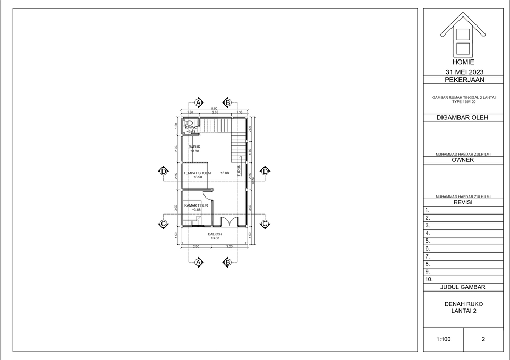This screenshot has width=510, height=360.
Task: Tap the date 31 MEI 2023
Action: click(x=463, y=72)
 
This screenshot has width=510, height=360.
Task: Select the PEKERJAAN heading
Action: click(x=464, y=80)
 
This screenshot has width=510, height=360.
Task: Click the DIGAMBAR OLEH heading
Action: click(x=463, y=118)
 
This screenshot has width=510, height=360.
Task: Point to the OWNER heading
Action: click(x=463, y=160)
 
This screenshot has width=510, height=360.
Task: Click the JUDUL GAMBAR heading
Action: click(x=463, y=287)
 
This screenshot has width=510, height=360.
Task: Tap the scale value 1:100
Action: click(x=444, y=339)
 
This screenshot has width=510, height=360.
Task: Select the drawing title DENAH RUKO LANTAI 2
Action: click(x=463, y=307)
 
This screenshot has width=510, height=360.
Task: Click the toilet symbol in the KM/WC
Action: click(x=189, y=123)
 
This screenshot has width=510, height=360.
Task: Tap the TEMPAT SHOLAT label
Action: click(x=198, y=173)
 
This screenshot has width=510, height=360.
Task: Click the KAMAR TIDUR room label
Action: click(x=196, y=205)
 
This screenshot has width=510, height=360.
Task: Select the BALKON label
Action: click(x=215, y=234)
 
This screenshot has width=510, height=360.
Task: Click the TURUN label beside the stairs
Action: click(x=239, y=169)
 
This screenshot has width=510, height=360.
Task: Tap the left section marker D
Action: click(x=164, y=171)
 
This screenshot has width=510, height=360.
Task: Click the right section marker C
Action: click(x=265, y=224)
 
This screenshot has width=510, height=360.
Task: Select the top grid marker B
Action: click(x=227, y=102)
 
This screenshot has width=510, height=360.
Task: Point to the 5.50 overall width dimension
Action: click(x=214, y=109)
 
